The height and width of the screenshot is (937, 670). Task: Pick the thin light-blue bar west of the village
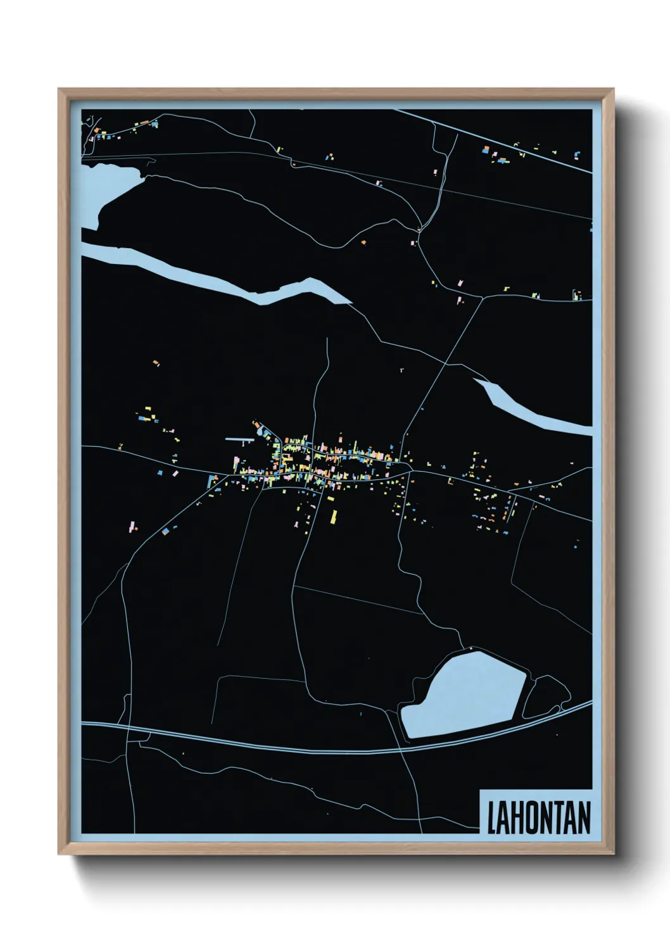pyautogui.click(x=239, y=439)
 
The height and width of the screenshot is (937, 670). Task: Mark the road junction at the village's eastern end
pyautogui.click(x=410, y=470)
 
